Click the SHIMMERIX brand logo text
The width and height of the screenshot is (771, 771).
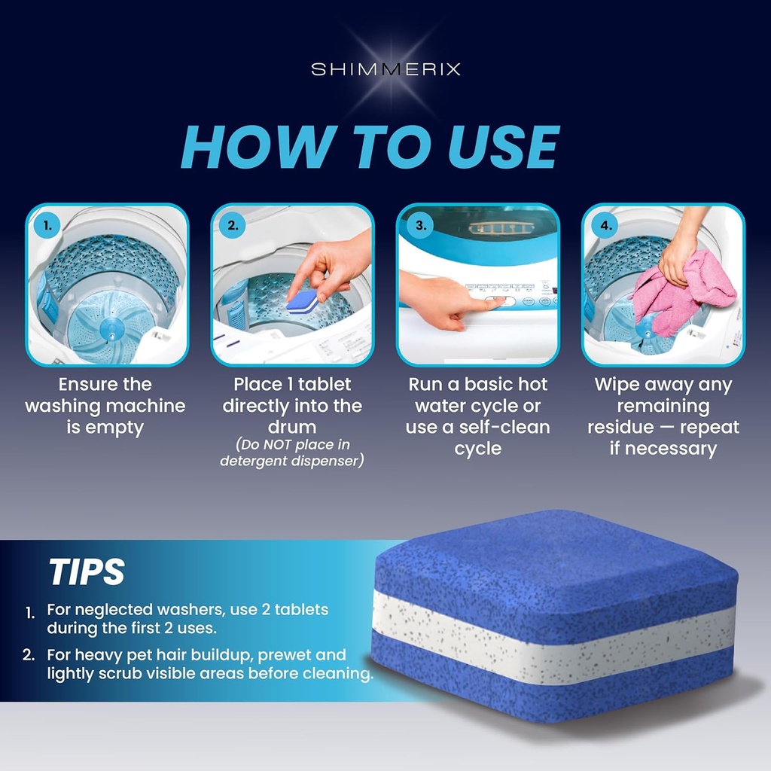coord(385,69)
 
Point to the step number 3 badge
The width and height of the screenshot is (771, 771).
coord(421,224)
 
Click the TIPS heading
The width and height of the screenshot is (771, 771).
coord(87,572)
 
